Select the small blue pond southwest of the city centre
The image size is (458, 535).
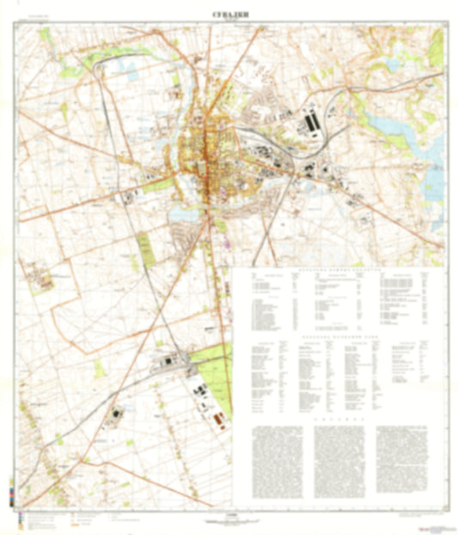181,211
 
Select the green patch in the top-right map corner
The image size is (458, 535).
435,47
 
